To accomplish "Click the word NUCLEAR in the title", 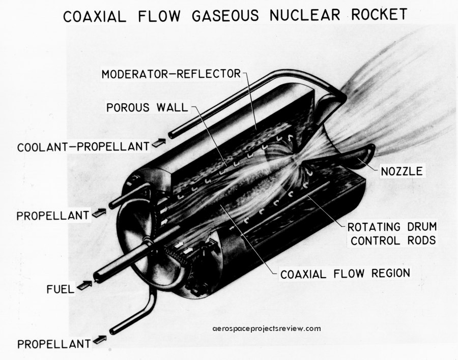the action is click(x=305, y=15).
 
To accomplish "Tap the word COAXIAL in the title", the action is click(x=94, y=16).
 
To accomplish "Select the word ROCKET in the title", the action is click(x=379, y=14).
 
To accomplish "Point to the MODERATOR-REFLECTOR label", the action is click(x=171, y=74).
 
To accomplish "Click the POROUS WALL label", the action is click(x=147, y=107).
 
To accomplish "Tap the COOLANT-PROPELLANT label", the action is click(x=83, y=146).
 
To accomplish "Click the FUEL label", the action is click(x=61, y=289).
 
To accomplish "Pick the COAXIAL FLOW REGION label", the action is click(x=345, y=274).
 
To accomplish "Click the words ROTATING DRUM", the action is click(x=392, y=227).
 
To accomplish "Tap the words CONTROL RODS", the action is click(x=393, y=241).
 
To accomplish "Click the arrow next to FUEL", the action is click(x=84, y=285).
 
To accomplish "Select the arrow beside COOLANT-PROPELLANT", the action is click(x=159, y=142).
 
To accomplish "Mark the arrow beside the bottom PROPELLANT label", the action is click(x=99, y=340).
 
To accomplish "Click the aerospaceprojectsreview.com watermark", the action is click(x=267, y=328).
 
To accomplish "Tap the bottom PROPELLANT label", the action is click(x=54, y=344).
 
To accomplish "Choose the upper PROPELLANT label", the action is click(x=52, y=216).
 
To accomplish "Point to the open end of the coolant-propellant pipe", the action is click(x=171, y=135).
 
